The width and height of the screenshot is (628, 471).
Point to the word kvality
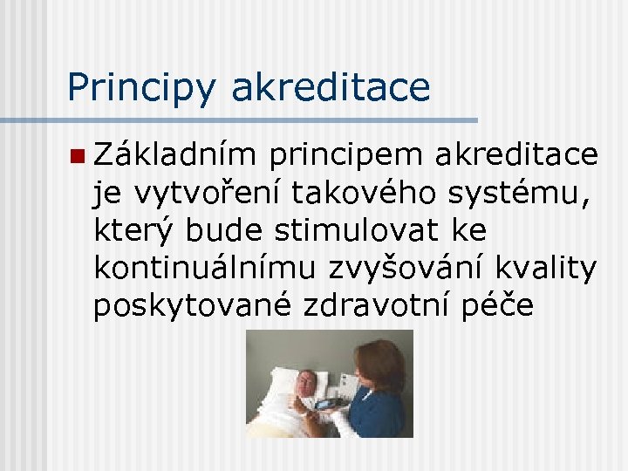click(x=554, y=269)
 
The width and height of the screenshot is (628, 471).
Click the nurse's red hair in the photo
click(x=382, y=358)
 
